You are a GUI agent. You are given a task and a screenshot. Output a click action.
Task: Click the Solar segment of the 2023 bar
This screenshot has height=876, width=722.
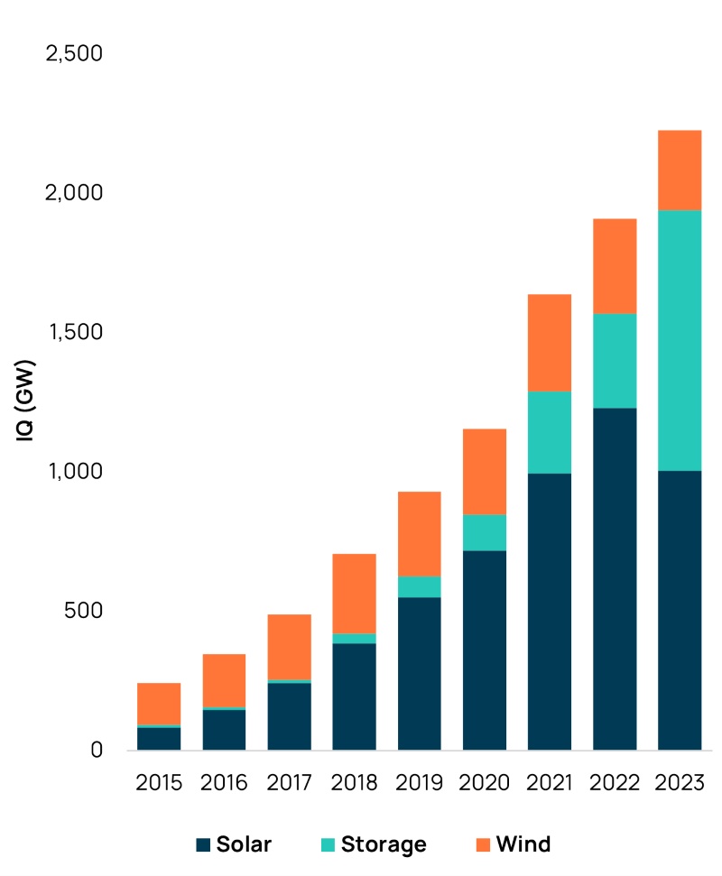(680, 610)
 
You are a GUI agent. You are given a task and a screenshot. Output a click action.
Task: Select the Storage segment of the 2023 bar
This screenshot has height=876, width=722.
(680, 340)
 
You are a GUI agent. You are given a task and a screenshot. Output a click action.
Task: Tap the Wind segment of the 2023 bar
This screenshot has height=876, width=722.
(680, 171)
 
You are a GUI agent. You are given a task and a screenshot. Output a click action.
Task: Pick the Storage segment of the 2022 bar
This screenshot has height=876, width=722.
(615, 361)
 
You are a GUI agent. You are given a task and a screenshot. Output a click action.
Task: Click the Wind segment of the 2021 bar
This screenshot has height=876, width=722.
(550, 343)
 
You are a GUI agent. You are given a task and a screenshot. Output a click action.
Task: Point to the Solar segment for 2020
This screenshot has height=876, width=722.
(485, 650)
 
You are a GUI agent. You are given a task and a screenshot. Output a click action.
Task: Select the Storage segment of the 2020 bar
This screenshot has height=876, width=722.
(485, 532)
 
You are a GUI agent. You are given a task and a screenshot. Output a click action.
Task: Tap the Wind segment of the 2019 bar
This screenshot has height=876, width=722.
(420, 533)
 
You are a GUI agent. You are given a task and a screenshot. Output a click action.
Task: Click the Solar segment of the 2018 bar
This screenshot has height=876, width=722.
(355, 696)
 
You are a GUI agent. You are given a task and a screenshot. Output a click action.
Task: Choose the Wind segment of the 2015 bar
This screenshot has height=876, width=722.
(159, 704)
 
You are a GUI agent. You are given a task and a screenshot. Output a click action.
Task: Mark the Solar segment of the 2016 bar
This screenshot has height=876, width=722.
(224, 730)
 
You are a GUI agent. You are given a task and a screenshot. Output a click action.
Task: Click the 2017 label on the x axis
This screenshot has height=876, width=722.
(289, 782)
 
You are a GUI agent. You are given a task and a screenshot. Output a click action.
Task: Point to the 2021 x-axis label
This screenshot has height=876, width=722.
(550, 782)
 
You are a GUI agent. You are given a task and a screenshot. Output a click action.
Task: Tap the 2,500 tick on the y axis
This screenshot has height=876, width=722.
(73, 54)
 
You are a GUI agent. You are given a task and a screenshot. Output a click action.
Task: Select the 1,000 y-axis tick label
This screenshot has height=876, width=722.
(73, 472)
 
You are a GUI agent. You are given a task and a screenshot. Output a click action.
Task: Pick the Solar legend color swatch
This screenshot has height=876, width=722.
(203, 845)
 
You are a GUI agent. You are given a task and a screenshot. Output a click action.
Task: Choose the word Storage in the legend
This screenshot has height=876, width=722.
(384, 845)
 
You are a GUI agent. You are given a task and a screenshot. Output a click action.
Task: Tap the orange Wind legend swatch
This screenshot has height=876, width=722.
(483, 845)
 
